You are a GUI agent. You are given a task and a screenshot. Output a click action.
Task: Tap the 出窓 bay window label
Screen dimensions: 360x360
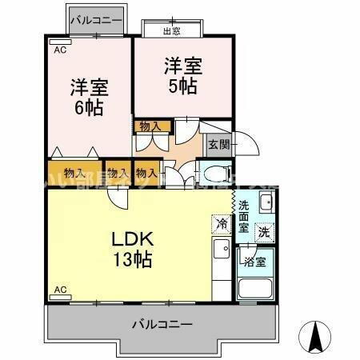[170, 31]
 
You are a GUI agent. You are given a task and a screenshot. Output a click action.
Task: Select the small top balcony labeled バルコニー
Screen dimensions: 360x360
[95, 18]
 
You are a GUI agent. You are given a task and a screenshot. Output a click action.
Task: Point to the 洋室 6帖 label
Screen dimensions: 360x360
[88, 96]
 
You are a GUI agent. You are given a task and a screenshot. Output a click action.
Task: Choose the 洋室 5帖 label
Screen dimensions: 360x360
[183, 74]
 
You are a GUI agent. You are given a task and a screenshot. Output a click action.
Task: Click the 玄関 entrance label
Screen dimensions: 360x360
[218, 145]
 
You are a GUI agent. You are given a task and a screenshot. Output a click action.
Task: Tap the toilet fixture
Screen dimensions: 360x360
[214, 174]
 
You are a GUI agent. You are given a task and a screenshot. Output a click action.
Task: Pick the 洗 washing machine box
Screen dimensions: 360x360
[263, 232]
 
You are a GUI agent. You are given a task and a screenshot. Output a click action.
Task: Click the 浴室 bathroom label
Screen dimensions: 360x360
[256, 261]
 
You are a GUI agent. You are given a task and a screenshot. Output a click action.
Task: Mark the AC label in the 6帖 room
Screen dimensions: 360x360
[59, 50]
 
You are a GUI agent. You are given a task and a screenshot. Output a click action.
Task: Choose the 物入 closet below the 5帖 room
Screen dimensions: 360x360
[150, 126]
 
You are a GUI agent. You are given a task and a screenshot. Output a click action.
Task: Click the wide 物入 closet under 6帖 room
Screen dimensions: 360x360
[74, 173]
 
